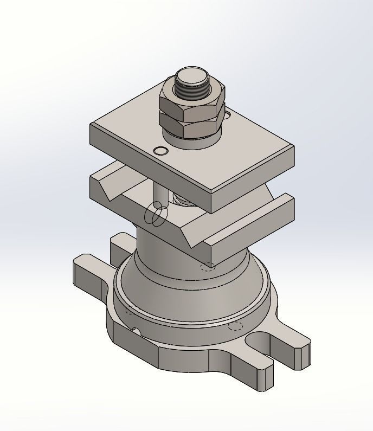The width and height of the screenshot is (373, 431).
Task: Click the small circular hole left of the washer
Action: (x=160, y=150)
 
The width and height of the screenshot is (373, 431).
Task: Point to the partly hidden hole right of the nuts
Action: (x=227, y=115)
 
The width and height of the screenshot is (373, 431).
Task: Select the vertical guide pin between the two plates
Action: (x=161, y=192)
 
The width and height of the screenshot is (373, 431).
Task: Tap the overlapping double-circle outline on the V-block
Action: (x=155, y=214)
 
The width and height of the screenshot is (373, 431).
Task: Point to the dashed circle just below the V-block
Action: (x=207, y=266)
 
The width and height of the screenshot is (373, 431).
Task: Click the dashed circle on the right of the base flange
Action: (x=235, y=326)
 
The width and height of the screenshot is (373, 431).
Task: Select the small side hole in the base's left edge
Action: (x=136, y=331)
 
